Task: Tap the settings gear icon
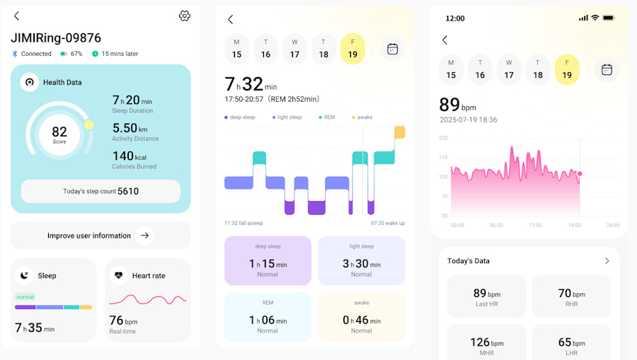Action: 185,16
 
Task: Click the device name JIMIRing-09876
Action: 56,38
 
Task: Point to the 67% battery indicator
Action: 71,54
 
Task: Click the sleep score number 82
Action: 59,132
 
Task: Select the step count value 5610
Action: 128,191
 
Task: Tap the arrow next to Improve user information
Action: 144,236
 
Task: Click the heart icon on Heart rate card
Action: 118,275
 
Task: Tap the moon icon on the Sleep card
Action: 25,275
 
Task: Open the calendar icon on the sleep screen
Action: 392,49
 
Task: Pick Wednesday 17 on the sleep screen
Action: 294,49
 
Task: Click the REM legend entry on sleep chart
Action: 327,117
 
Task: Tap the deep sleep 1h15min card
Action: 268,260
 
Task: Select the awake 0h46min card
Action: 362,316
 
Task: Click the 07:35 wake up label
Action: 388,223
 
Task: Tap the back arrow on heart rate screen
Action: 444,40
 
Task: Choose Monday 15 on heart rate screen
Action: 451,69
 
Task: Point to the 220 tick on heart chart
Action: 443,138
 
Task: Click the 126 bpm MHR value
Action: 486,344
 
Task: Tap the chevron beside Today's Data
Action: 607,261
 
